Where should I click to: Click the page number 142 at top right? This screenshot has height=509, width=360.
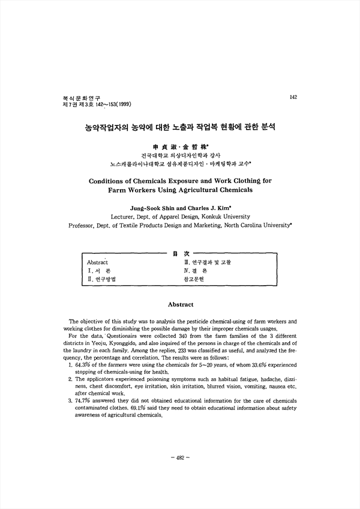293,97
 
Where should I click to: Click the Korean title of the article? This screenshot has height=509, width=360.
179,128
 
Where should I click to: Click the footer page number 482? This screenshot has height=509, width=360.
179,475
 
